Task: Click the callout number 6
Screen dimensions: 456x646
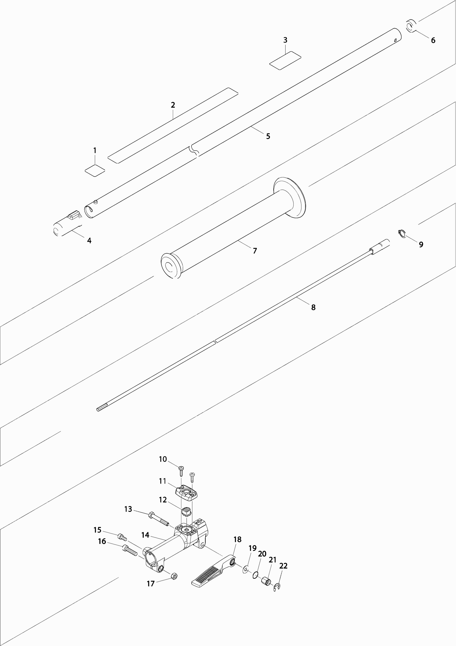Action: tap(433, 40)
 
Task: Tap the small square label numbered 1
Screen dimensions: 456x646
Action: tap(95, 170)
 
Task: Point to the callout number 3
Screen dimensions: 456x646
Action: tap(285, 40)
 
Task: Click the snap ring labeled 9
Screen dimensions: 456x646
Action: tap(402, 233)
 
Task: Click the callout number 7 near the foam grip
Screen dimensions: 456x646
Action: tap(255, 251)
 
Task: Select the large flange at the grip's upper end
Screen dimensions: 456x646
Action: tap(290, 197)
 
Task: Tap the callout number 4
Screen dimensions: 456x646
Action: tap(89, 241)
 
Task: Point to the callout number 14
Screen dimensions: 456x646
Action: tap(145, 535)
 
